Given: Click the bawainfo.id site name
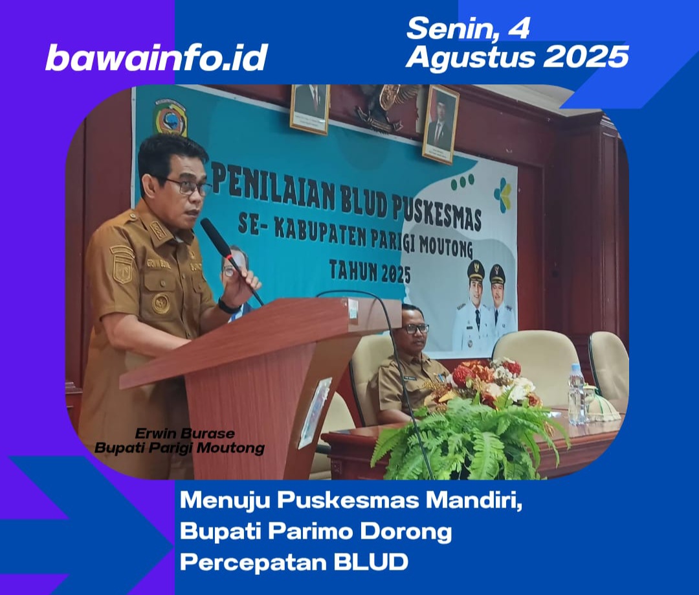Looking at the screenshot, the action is [x=157, y=57].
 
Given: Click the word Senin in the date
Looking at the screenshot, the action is [x=450, y=28].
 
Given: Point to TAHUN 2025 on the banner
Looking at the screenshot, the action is [x=370, y=270].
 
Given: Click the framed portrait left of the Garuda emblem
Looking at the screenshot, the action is [x=310, y=108].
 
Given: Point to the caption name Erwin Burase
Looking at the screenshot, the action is [x=184, y=434].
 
